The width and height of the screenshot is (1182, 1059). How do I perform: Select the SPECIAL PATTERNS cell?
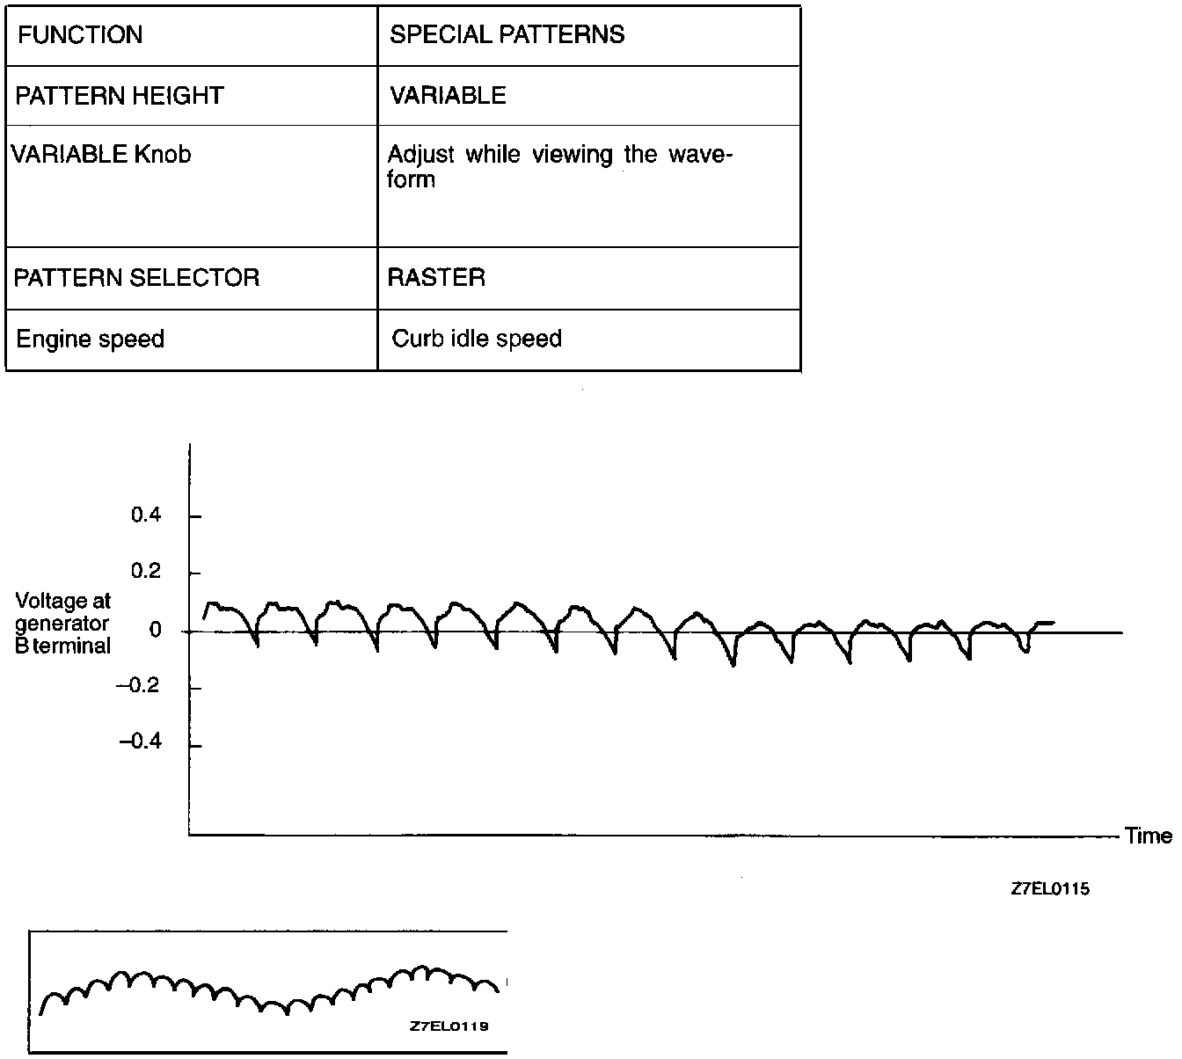507,35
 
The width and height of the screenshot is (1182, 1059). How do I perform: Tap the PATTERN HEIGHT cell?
120,95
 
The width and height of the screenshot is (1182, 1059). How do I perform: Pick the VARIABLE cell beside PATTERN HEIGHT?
448,95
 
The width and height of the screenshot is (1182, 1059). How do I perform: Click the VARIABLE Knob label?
100,155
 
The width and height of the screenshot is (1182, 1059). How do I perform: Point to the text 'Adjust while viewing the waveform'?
559,166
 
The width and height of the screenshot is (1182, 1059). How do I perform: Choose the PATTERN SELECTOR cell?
137,278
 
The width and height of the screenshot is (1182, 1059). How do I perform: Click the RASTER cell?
436,278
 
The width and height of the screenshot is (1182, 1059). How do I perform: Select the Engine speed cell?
91,339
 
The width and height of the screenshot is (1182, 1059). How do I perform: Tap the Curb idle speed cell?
477,339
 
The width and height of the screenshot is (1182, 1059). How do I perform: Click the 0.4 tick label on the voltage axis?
146,515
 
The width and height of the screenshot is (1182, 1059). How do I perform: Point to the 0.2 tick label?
146,573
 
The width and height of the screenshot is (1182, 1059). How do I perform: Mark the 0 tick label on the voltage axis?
156,631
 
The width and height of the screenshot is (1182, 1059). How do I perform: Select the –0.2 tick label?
139,687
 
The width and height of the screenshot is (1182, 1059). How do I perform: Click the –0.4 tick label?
139,743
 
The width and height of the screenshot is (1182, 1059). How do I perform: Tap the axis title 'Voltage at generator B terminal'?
63,624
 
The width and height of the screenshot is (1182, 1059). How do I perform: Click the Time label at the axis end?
1149,836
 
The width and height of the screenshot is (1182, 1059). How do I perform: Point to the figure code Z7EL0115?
1050,889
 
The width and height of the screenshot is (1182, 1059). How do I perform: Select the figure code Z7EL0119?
449,1026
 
